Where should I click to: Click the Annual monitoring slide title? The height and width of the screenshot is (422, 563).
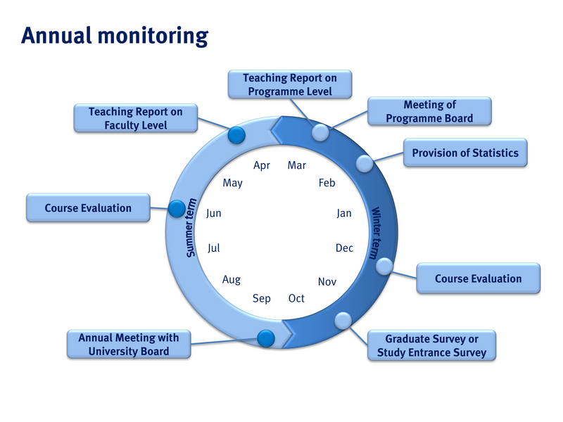point(115,35)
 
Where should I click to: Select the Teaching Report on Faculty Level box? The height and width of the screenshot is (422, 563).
point(135,118)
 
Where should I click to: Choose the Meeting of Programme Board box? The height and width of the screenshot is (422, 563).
point(429,112)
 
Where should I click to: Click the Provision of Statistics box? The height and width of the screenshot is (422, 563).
point(465,153)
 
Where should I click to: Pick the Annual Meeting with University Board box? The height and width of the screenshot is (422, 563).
point(129,344)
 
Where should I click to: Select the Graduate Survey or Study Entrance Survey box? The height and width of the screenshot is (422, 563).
point(431,345)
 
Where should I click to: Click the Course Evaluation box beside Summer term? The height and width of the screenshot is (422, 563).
point(88,208)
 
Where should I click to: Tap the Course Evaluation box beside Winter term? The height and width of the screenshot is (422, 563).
point(478,279)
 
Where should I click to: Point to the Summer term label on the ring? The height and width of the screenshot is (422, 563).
point(191,228)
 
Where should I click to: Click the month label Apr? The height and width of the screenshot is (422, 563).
point(262,166)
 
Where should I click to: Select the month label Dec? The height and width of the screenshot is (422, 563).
point(344,248)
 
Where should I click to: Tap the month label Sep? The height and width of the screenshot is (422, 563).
point(262,298)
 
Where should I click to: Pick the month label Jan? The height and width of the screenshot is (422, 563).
point(343,213)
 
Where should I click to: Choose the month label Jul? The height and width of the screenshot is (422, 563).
point(215,248)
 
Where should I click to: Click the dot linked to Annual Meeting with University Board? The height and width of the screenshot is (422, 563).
point(265,338)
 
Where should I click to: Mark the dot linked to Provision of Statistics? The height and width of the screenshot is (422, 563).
point(364,163)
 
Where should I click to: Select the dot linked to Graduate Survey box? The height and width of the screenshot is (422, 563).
point(343,320)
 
